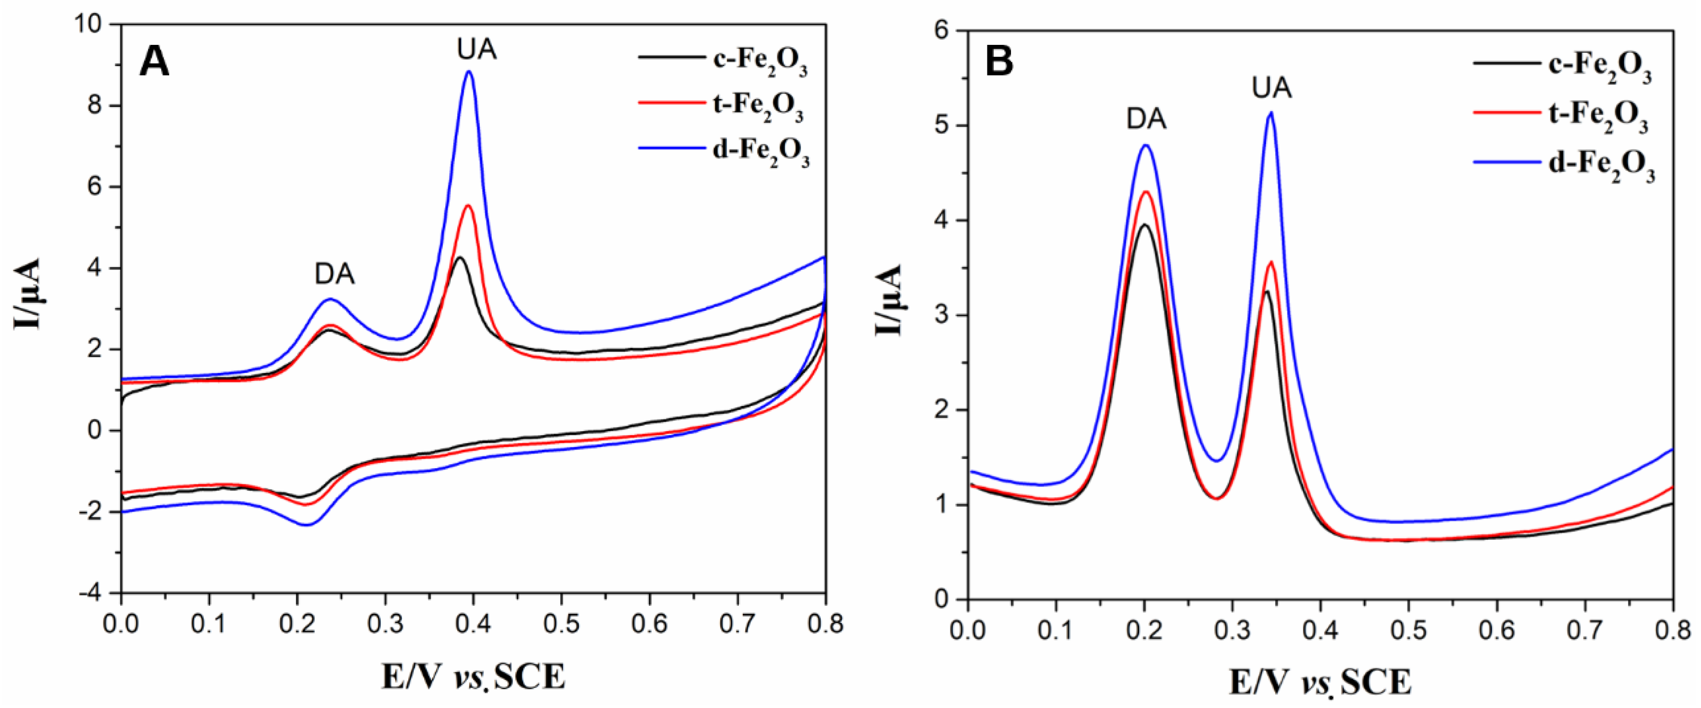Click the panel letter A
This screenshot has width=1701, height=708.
click(154, 64)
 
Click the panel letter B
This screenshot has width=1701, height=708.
click(999, 63)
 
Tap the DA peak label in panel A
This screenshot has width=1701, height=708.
click(334, 274)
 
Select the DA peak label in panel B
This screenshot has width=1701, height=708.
click(1146, 119)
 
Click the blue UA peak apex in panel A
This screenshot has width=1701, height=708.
click(470, 72)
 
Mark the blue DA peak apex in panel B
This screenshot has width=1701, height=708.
click(1146, 145)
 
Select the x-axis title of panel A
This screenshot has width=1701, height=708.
click(473, 676)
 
